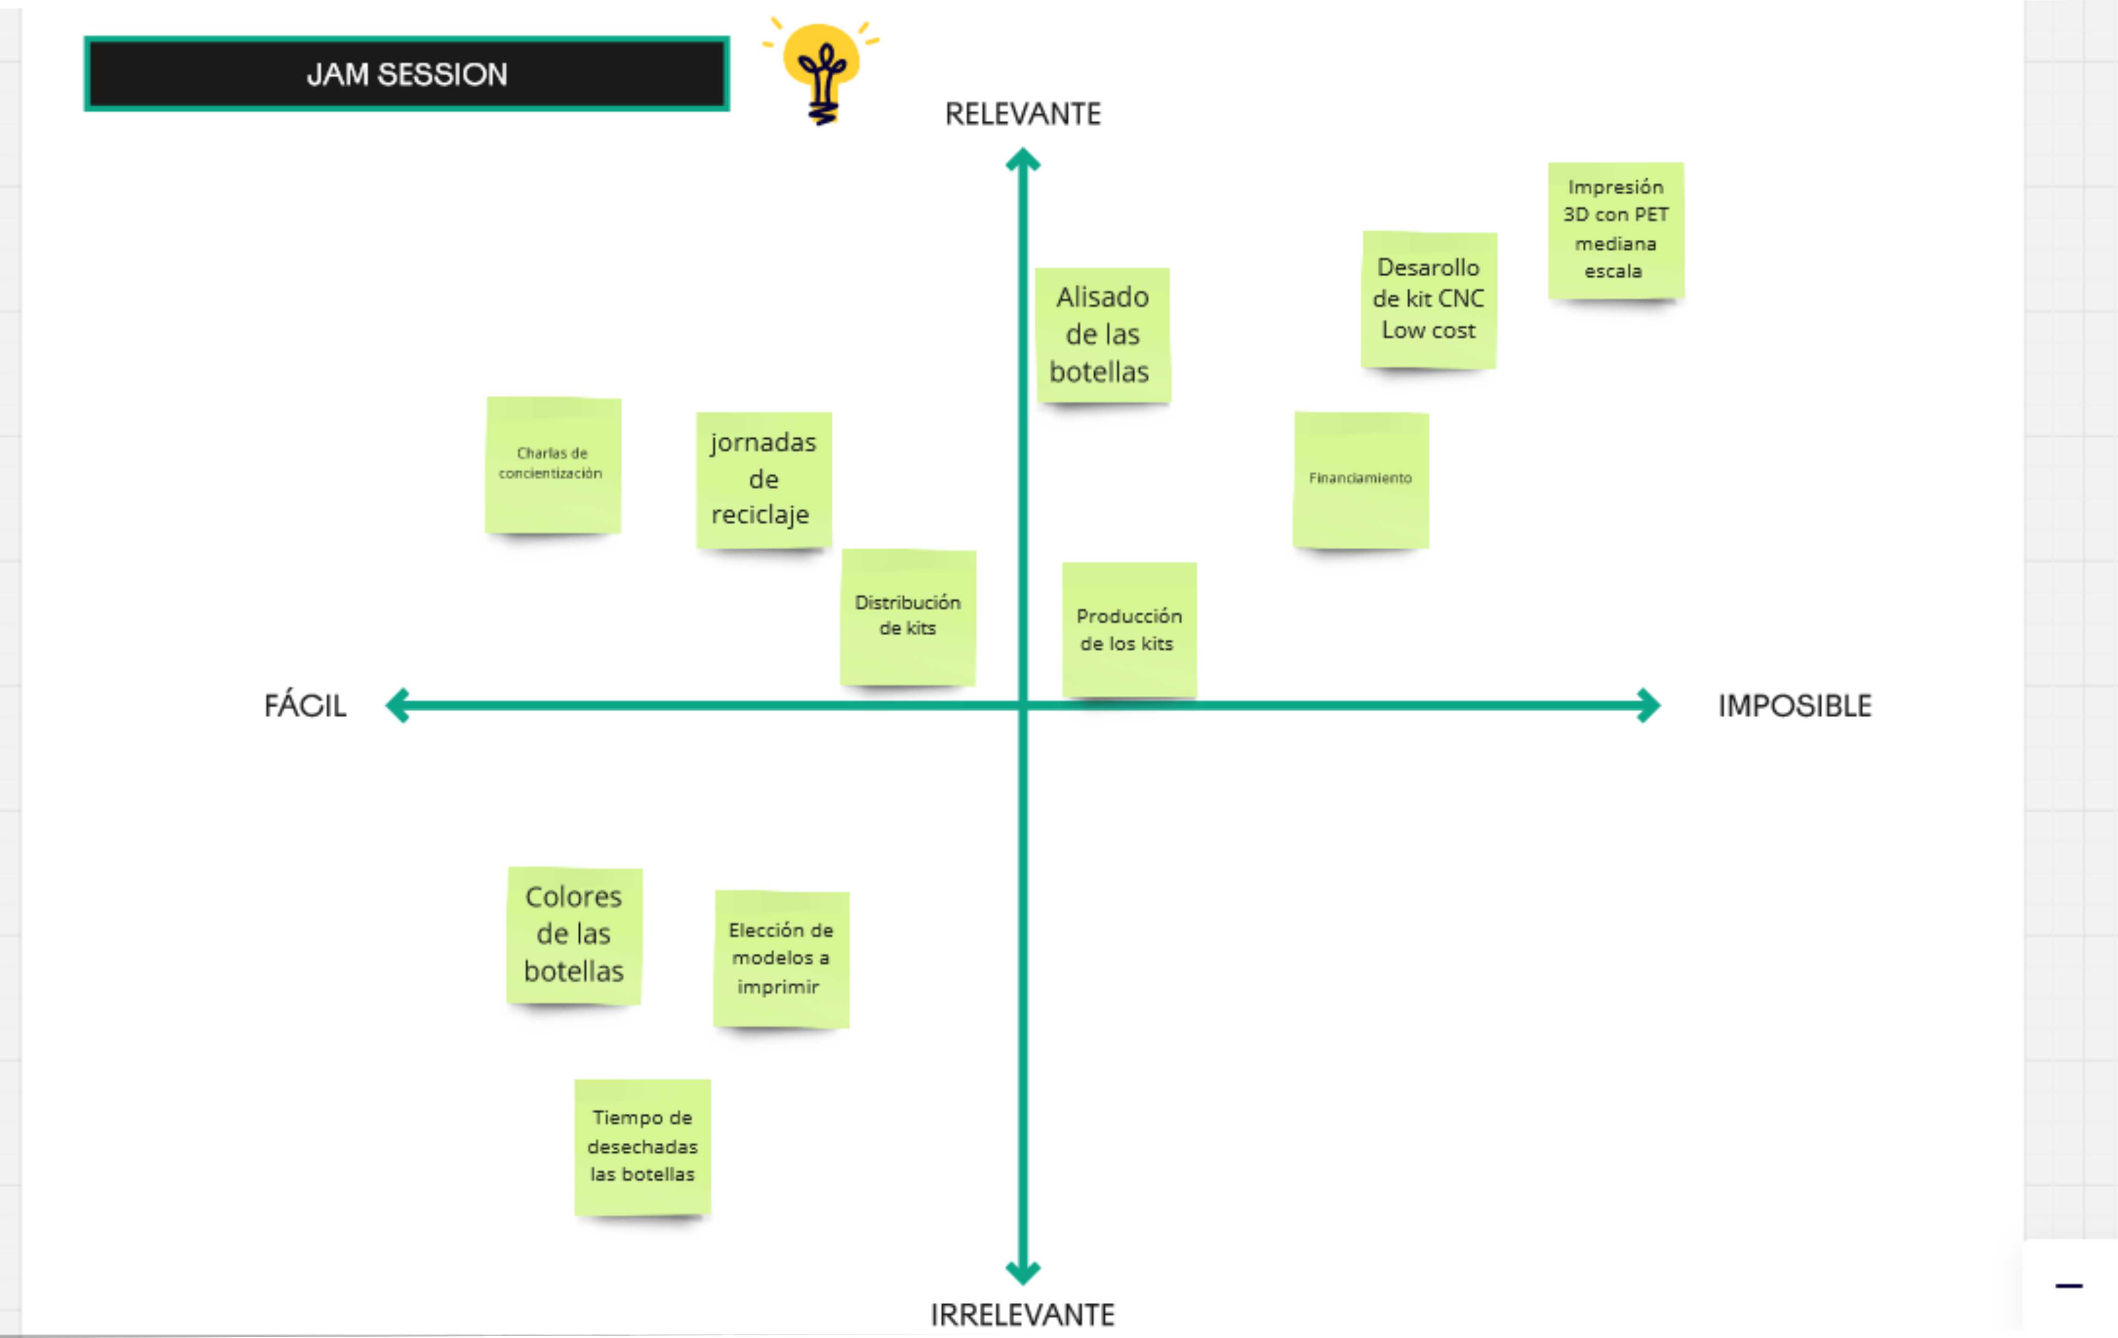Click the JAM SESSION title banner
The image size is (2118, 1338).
click(x=406, y=74)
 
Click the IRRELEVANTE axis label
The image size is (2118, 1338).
click(x=1023, y=1314)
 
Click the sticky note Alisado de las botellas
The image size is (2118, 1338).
click(x=1103, y=335)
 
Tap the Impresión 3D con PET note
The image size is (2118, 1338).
click(x=1616, y=230)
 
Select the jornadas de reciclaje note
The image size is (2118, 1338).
click(x=763, y=480)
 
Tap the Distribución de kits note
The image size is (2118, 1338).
click(x=908, y=617)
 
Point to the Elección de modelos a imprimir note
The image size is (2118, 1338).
click(x=781, y=959)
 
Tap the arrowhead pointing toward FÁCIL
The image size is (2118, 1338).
click(x=398, y=705)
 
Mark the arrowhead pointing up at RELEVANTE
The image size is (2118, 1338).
click(x=1023, y=160)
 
